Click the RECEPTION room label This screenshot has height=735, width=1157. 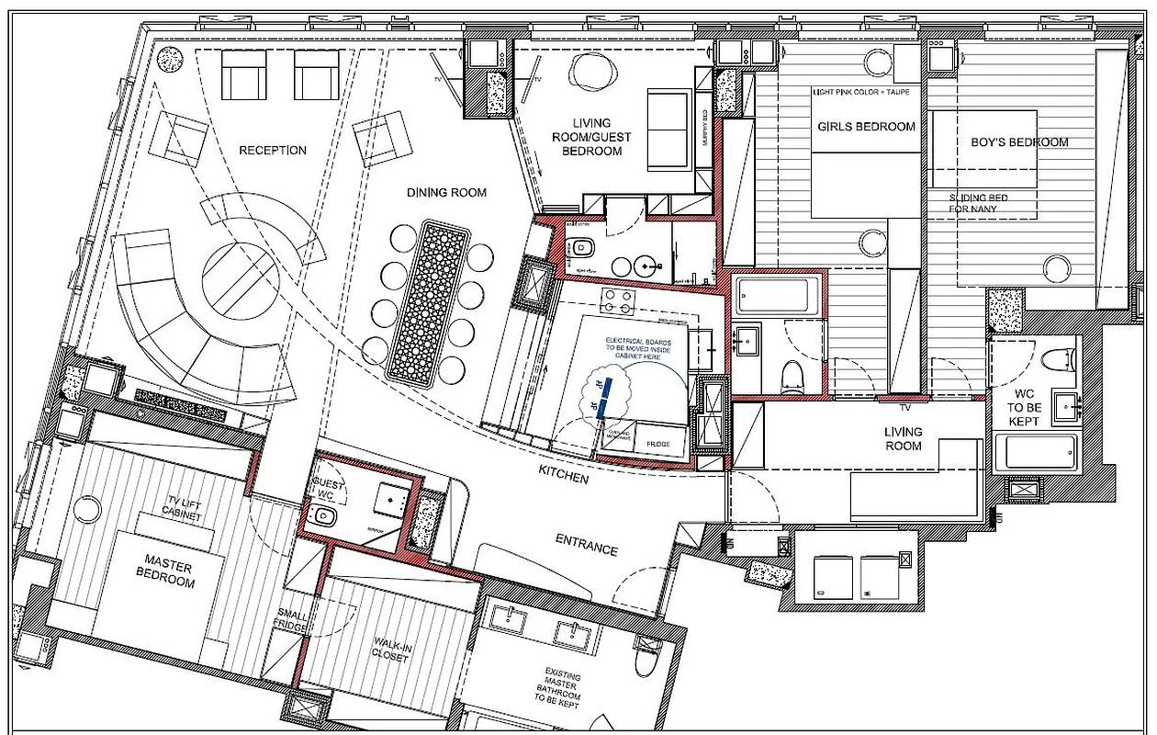click(x=273, y=151)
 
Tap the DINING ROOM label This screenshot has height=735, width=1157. click(x=446, y=193)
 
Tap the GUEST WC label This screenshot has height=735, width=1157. click(x=327, y=488)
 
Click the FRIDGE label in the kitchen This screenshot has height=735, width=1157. click(x=657, y=445)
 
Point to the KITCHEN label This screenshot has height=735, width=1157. click(x=564, y=480)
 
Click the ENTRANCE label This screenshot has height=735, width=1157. click(x=587, y=548)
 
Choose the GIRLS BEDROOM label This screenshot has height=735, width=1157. click(x=866, y=126)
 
